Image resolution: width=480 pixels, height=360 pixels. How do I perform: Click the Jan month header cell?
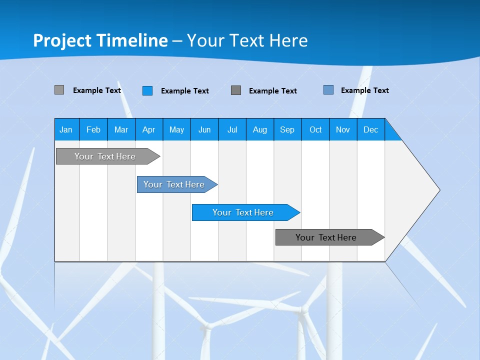66,129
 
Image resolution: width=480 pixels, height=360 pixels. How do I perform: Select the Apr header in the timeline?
148,129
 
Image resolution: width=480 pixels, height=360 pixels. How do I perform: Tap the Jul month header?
232,129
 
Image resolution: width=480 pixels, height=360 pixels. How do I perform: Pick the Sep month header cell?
287,129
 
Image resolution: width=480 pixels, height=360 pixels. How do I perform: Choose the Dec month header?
370,129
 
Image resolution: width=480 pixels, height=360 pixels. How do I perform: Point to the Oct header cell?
315,129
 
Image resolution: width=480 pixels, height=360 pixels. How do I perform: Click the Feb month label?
93,129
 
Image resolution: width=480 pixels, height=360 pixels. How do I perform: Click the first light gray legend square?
59,90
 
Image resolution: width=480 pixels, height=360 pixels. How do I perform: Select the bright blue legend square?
147,90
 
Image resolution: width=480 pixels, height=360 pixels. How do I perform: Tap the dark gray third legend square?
236,90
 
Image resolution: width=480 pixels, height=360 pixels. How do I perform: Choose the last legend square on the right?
328,90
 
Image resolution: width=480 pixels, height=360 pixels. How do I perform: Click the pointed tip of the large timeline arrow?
438,190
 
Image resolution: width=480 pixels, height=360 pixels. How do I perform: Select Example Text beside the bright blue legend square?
185,91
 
